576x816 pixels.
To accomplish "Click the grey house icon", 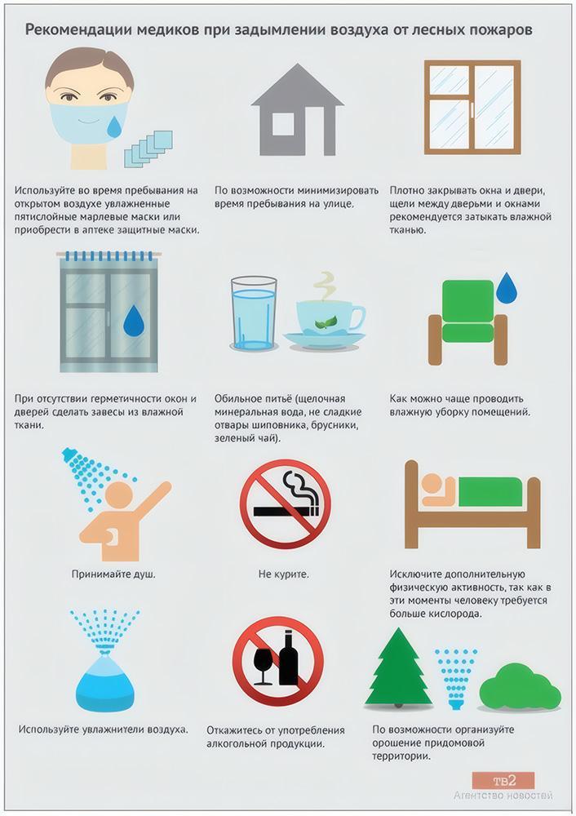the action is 298,109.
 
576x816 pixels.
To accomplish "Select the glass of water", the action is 254,313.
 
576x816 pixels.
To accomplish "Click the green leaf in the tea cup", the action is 326,322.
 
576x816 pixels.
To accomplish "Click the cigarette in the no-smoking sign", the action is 286,511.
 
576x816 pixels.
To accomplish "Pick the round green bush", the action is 519,687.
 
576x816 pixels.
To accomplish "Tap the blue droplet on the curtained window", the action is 133,320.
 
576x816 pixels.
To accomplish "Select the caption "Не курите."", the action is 284,574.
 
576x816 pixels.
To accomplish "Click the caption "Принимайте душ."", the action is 113,574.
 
